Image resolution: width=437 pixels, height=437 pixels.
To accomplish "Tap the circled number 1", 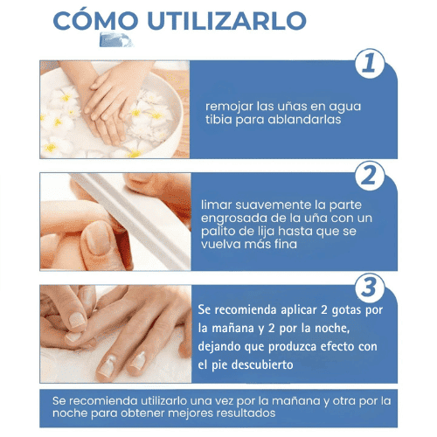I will point(371,64).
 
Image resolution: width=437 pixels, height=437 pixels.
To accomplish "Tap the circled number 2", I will point(371,176).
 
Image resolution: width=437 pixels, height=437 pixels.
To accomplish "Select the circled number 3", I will point(371,288).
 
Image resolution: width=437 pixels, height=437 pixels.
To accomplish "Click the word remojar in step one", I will point(229,106).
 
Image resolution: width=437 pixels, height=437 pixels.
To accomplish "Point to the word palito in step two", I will point(221,231).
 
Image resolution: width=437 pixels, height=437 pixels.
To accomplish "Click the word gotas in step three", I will point(348,311).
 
